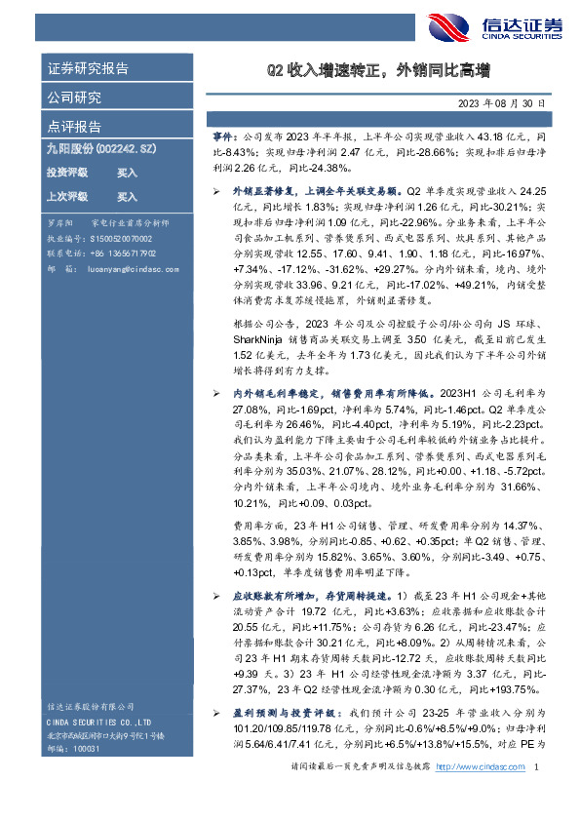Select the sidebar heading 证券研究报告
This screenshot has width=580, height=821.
click(x=88, y=69)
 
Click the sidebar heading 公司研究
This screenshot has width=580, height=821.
click(x=74, y=98)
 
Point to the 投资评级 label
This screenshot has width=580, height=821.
click(x=67, y=173)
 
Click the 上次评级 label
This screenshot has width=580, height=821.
click(x=67, y=196)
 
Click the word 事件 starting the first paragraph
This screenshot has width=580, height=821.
click(x=225, y=139)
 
